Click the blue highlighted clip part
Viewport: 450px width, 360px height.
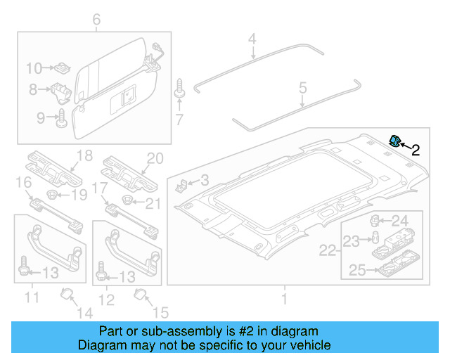pos(395,141)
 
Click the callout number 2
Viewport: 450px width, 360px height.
pos(416,149)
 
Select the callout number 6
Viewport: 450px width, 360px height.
pos(96,20)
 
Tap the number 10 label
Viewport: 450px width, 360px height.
pos(34,68)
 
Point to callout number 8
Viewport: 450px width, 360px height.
pos(32,90)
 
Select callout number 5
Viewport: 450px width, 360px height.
pos(303,88)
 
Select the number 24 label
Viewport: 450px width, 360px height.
pos(399,220)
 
